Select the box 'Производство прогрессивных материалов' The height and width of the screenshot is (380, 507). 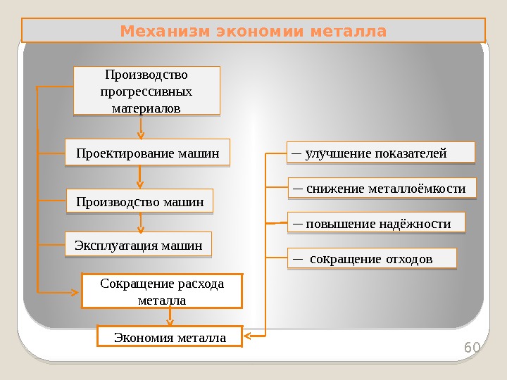click(146, 91)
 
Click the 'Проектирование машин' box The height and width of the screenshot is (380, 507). click(147, 152)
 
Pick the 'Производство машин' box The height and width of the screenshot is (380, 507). click(139, 202)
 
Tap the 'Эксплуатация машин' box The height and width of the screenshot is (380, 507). click(138, 246)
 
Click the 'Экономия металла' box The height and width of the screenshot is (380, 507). click(170, 338)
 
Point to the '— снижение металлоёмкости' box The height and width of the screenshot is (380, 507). click(383, 189)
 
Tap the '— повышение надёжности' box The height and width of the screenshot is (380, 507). click(377, 224)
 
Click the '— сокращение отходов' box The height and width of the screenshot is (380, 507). click(372, 259)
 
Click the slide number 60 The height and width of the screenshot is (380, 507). click(471, 348)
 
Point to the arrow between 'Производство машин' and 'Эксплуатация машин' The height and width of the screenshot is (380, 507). click(142, 223)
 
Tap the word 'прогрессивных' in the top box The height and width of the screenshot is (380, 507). click(146, 91)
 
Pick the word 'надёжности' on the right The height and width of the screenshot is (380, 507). click(415, 224)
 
